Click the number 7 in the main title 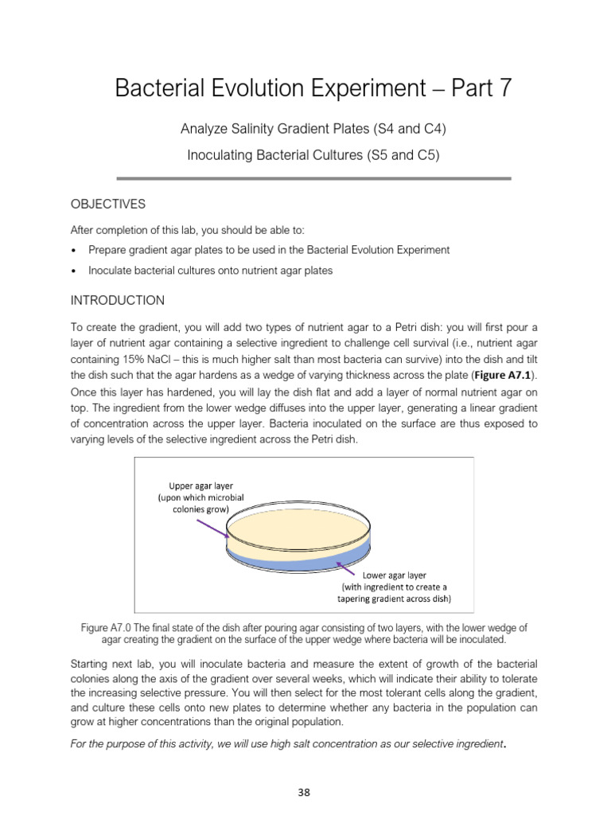click(x=504, y=88)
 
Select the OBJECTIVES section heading click(x=108, y=205)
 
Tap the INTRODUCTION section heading click(x=118, y=300)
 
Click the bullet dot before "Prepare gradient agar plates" click(x=74, y=250)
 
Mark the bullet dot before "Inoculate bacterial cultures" click(x=74, y=271)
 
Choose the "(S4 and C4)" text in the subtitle click(x=403, y=129)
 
